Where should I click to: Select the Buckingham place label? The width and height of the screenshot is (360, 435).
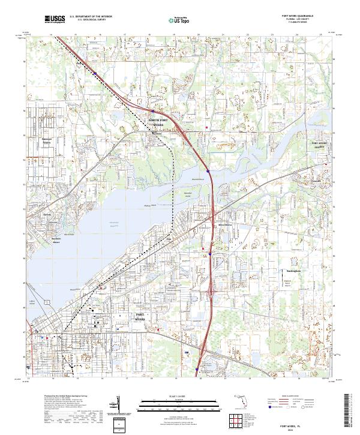(292, 271)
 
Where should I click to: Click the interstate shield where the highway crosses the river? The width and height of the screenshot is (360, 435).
(208, 171)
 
